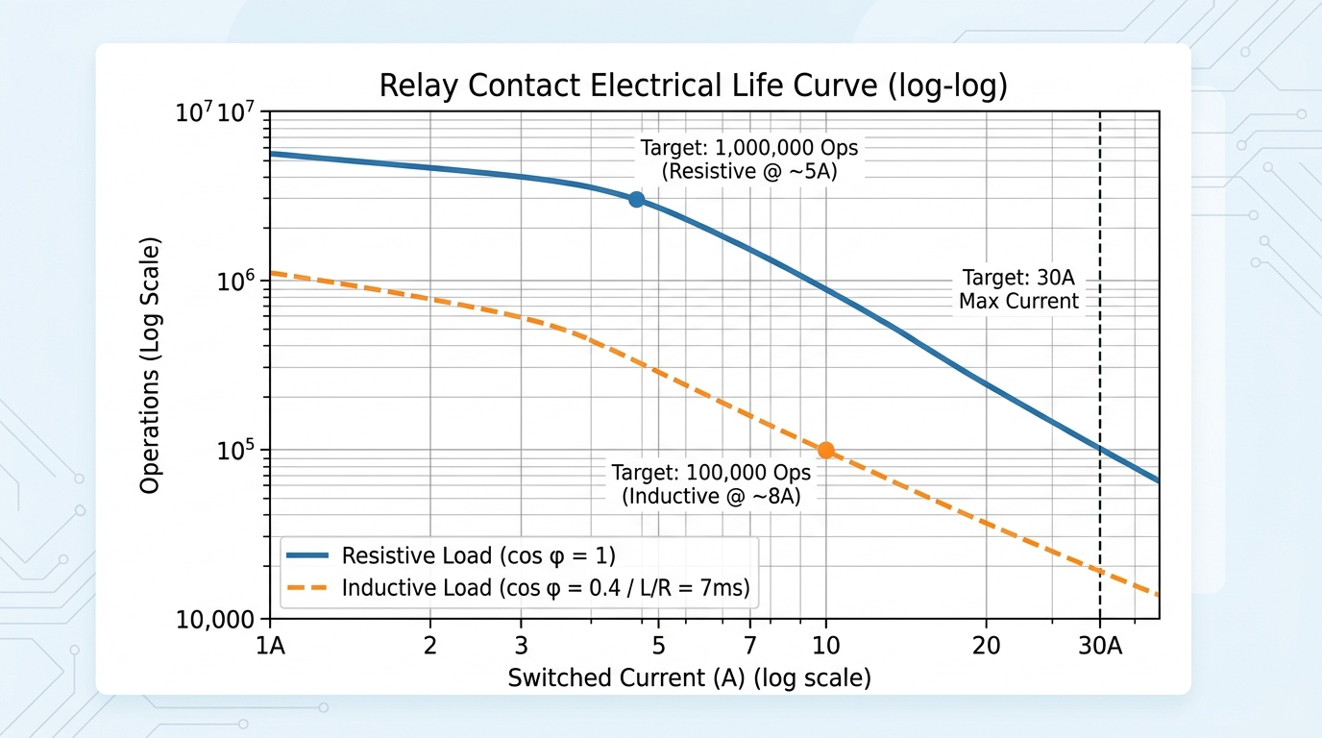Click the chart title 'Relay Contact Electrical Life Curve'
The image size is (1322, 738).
693,86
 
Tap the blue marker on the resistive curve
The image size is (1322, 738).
636,199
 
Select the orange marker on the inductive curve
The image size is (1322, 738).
825,450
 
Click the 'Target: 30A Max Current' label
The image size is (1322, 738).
1019,289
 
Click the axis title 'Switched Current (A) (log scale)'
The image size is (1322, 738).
689,678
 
